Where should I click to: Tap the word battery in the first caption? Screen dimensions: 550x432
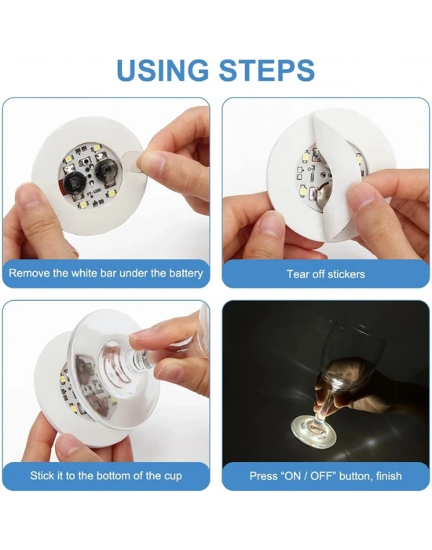183,273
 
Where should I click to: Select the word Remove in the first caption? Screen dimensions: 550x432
31,273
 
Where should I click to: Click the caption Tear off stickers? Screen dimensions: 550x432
325,274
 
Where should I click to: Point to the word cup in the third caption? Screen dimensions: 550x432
172,476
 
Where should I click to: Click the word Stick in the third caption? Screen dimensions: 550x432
43,476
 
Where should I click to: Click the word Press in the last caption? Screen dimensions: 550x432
263,476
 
